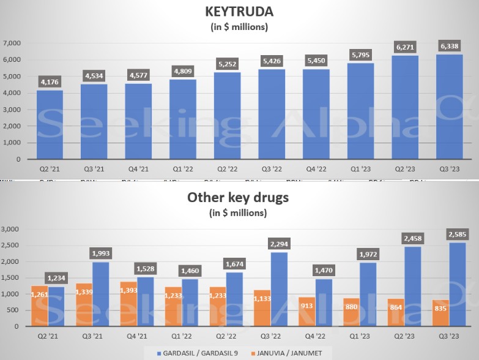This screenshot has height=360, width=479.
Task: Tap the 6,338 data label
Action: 451,45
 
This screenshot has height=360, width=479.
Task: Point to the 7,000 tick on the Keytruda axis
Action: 12,43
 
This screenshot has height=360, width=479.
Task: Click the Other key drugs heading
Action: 237,198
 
